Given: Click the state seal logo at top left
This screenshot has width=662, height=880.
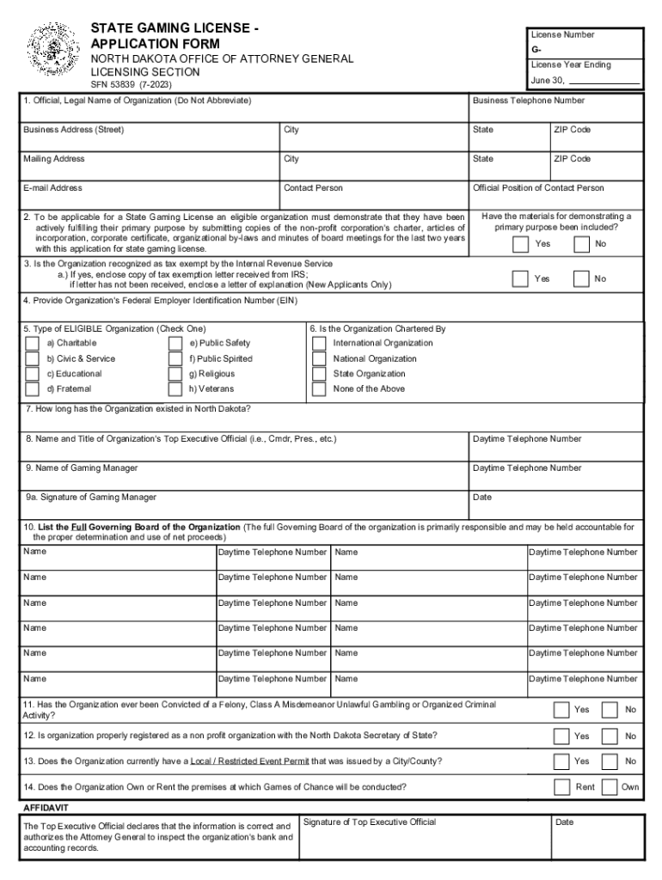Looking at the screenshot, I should [x=52, y=51].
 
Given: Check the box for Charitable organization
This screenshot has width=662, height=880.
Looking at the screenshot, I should [x=33, y=344].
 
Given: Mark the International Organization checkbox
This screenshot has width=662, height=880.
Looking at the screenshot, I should [x=319, y=344].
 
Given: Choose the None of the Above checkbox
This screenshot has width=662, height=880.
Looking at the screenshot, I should [x=319, y=388].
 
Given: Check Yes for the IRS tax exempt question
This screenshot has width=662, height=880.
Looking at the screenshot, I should [x=519, y=278].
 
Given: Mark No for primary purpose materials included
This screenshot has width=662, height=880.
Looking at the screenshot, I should [x=582, y=244].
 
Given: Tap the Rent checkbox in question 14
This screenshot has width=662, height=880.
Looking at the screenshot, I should [x=562, y=786].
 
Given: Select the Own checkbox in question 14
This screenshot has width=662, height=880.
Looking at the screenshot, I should [x=609, y=786].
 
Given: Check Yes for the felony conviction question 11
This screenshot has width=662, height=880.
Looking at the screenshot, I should [x=561, y=710].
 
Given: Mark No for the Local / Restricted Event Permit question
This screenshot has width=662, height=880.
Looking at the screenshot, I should [x=609, y=761].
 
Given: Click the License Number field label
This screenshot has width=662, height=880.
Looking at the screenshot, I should [x=562, y=35].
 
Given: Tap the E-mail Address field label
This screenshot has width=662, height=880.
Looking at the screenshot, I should [x=53, y=188].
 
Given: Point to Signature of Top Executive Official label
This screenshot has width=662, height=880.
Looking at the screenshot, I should [x=370, y=822].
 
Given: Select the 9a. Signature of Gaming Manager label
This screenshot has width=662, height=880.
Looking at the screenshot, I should [x=91, y=498].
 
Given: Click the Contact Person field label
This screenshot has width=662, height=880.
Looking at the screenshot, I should [x=313, y=188].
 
